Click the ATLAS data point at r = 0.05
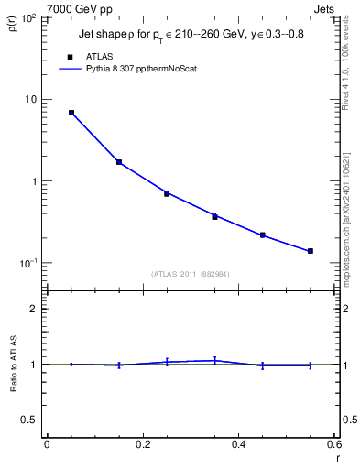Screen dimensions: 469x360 71,113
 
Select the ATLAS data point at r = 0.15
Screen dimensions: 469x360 119,162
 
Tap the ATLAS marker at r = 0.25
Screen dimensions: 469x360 167,193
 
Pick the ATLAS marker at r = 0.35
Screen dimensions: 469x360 214,217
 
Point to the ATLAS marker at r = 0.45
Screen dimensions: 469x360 262,235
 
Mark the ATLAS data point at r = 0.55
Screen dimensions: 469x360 311,251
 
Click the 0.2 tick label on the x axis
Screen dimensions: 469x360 142,445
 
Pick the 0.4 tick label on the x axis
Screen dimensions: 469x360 238,445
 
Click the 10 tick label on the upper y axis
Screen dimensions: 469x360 32,99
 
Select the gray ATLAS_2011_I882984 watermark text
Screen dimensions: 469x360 191,274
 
